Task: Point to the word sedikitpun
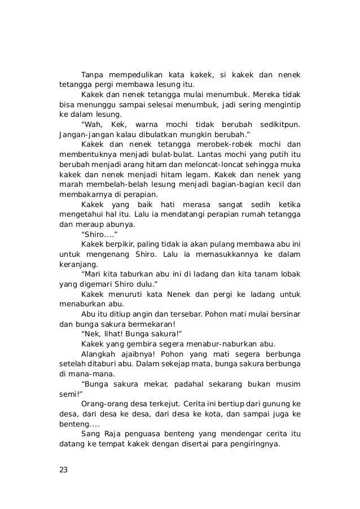pos(278,125)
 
